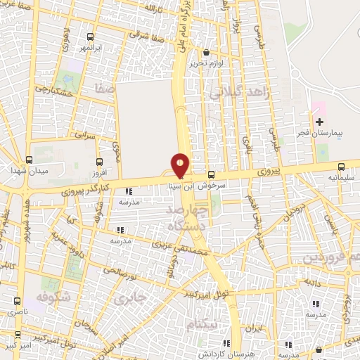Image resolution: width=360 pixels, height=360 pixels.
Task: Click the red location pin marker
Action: coord(181,165)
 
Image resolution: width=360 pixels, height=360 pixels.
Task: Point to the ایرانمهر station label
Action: coord(90,47)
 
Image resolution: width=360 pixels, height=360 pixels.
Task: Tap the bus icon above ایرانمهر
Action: coord(90,37)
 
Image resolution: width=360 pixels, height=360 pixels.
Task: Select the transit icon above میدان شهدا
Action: coord(29,160)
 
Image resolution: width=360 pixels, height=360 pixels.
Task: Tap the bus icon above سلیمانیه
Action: coord(342,167)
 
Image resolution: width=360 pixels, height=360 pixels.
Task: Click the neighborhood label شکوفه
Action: coord(50,296)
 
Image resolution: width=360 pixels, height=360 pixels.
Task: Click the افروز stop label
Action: coord(98,172)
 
